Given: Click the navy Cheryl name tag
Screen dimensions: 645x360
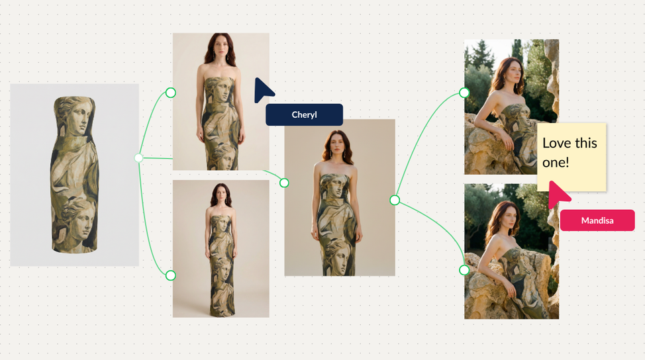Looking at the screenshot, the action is pyautogui.click(x=304, y=114).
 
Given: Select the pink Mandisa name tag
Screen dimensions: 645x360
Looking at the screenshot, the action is pyautogui.click(x=597, y=220).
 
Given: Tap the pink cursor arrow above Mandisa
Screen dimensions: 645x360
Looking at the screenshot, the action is pyautogui.click(x=558, y=195).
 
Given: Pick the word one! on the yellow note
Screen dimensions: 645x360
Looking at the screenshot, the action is pyautogui.click(x=556, y=163).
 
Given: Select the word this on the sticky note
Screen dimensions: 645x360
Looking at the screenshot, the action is pyautogui.click(x=586, y=143).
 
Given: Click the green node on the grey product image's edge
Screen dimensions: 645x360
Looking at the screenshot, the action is pyautogui.click(x=138, y=157).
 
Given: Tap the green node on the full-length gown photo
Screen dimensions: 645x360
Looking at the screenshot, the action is pyautogui.click(x=170, y=275).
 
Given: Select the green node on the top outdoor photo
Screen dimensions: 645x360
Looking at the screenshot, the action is pyautogui.click(x=464, y=93).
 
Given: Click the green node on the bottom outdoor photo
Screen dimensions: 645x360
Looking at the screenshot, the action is pyautogui.click(x=464, y=270).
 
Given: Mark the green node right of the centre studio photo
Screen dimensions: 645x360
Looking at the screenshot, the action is pyautogui.click(x=395, y=200).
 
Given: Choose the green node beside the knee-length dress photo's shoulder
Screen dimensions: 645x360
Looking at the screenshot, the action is pyautogui.click(x=170, y=93).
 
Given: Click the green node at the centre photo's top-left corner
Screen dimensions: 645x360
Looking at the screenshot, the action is pyautogui.click(x=284, y=183).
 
